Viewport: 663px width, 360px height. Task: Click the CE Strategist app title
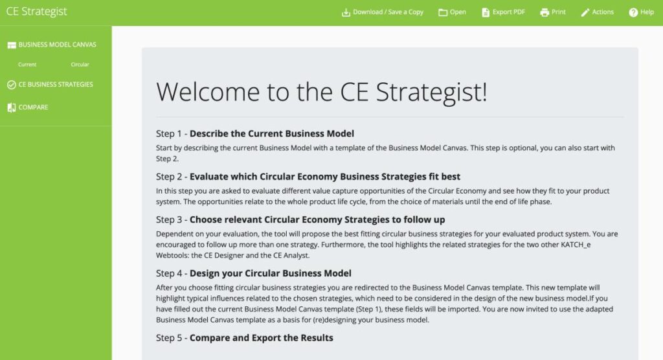pyautogui.click(x=36, y=12)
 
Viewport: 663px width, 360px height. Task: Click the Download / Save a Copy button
pyautogui.click(x=382, y=12)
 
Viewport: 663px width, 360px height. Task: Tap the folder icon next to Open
pyautogui.click(x=443, y=12)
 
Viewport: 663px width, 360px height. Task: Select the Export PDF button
pyautogui.click(x=503, y=12)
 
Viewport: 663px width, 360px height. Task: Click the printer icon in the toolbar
pyautogui.click(x=545, y=12)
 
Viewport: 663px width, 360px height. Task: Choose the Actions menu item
pyautogui.click(x=597, y=12)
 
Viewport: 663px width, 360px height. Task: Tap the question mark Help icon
pyautogui.click(x=633, y=12)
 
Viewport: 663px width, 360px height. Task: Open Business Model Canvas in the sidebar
pyautogui.click(x=52, y=45)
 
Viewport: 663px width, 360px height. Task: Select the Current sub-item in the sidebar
pyautogui.click(x=27, y=64)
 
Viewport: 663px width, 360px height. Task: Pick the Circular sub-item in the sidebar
pyautogui.click(x=80, y=64)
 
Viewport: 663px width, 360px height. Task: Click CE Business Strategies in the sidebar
pyautogui.click(x=50, y=85)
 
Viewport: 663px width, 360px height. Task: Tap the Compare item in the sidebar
pyautogui.click(x=27, y=107)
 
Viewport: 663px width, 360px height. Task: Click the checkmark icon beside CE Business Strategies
pyautogui.click(x=12, y=85)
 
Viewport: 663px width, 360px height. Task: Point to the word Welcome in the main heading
pyautogui.click(x=208, y=92)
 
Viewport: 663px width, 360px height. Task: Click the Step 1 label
pyautogui.click(x=169, y=133)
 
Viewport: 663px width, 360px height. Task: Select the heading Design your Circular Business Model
pyautogui.click(x=270, y=273)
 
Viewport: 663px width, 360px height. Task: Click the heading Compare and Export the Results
pyautogui.click(x=262, y=337)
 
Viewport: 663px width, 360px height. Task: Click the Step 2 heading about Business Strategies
pyautogui.click(x=325, y=176)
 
